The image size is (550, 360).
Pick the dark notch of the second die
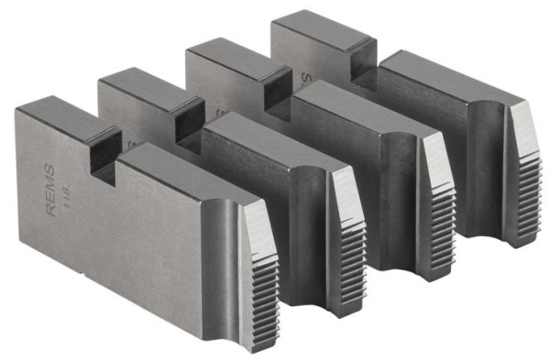click(x=187, y=120)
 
